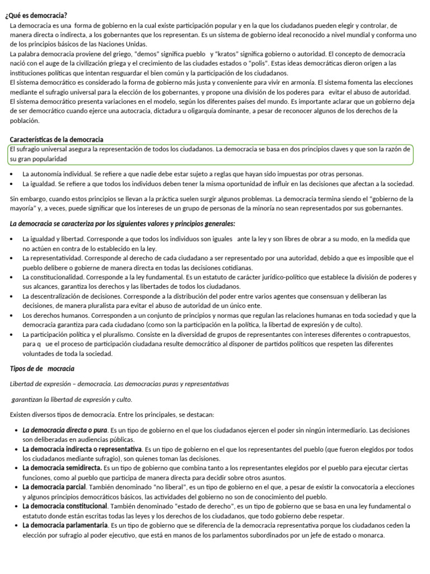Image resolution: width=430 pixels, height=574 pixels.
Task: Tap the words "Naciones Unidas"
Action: tap(124, 44)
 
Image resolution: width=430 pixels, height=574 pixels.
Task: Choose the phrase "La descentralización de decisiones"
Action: tap(74, 296)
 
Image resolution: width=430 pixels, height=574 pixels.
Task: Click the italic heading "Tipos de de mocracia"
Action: tap(42, 369)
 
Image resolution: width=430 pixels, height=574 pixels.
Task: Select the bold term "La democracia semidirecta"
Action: tap(62, 467)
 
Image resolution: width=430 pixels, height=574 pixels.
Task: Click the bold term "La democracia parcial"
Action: tap(54, 487)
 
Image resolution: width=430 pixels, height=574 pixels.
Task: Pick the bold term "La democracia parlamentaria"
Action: tap(65, 525)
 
